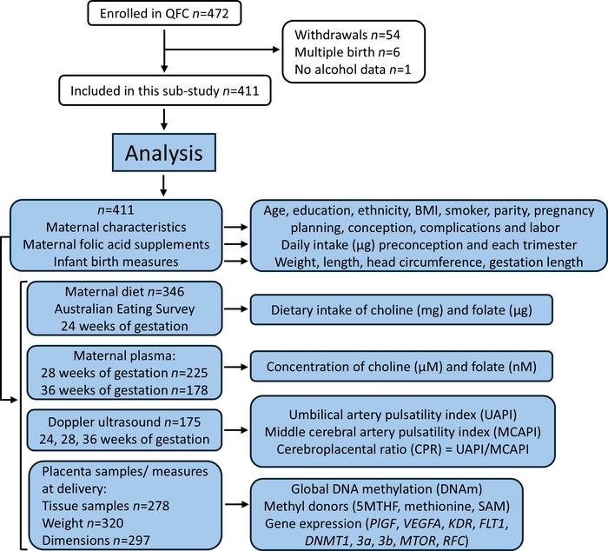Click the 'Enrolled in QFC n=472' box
[162, 15]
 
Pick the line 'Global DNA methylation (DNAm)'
[401, 487]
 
